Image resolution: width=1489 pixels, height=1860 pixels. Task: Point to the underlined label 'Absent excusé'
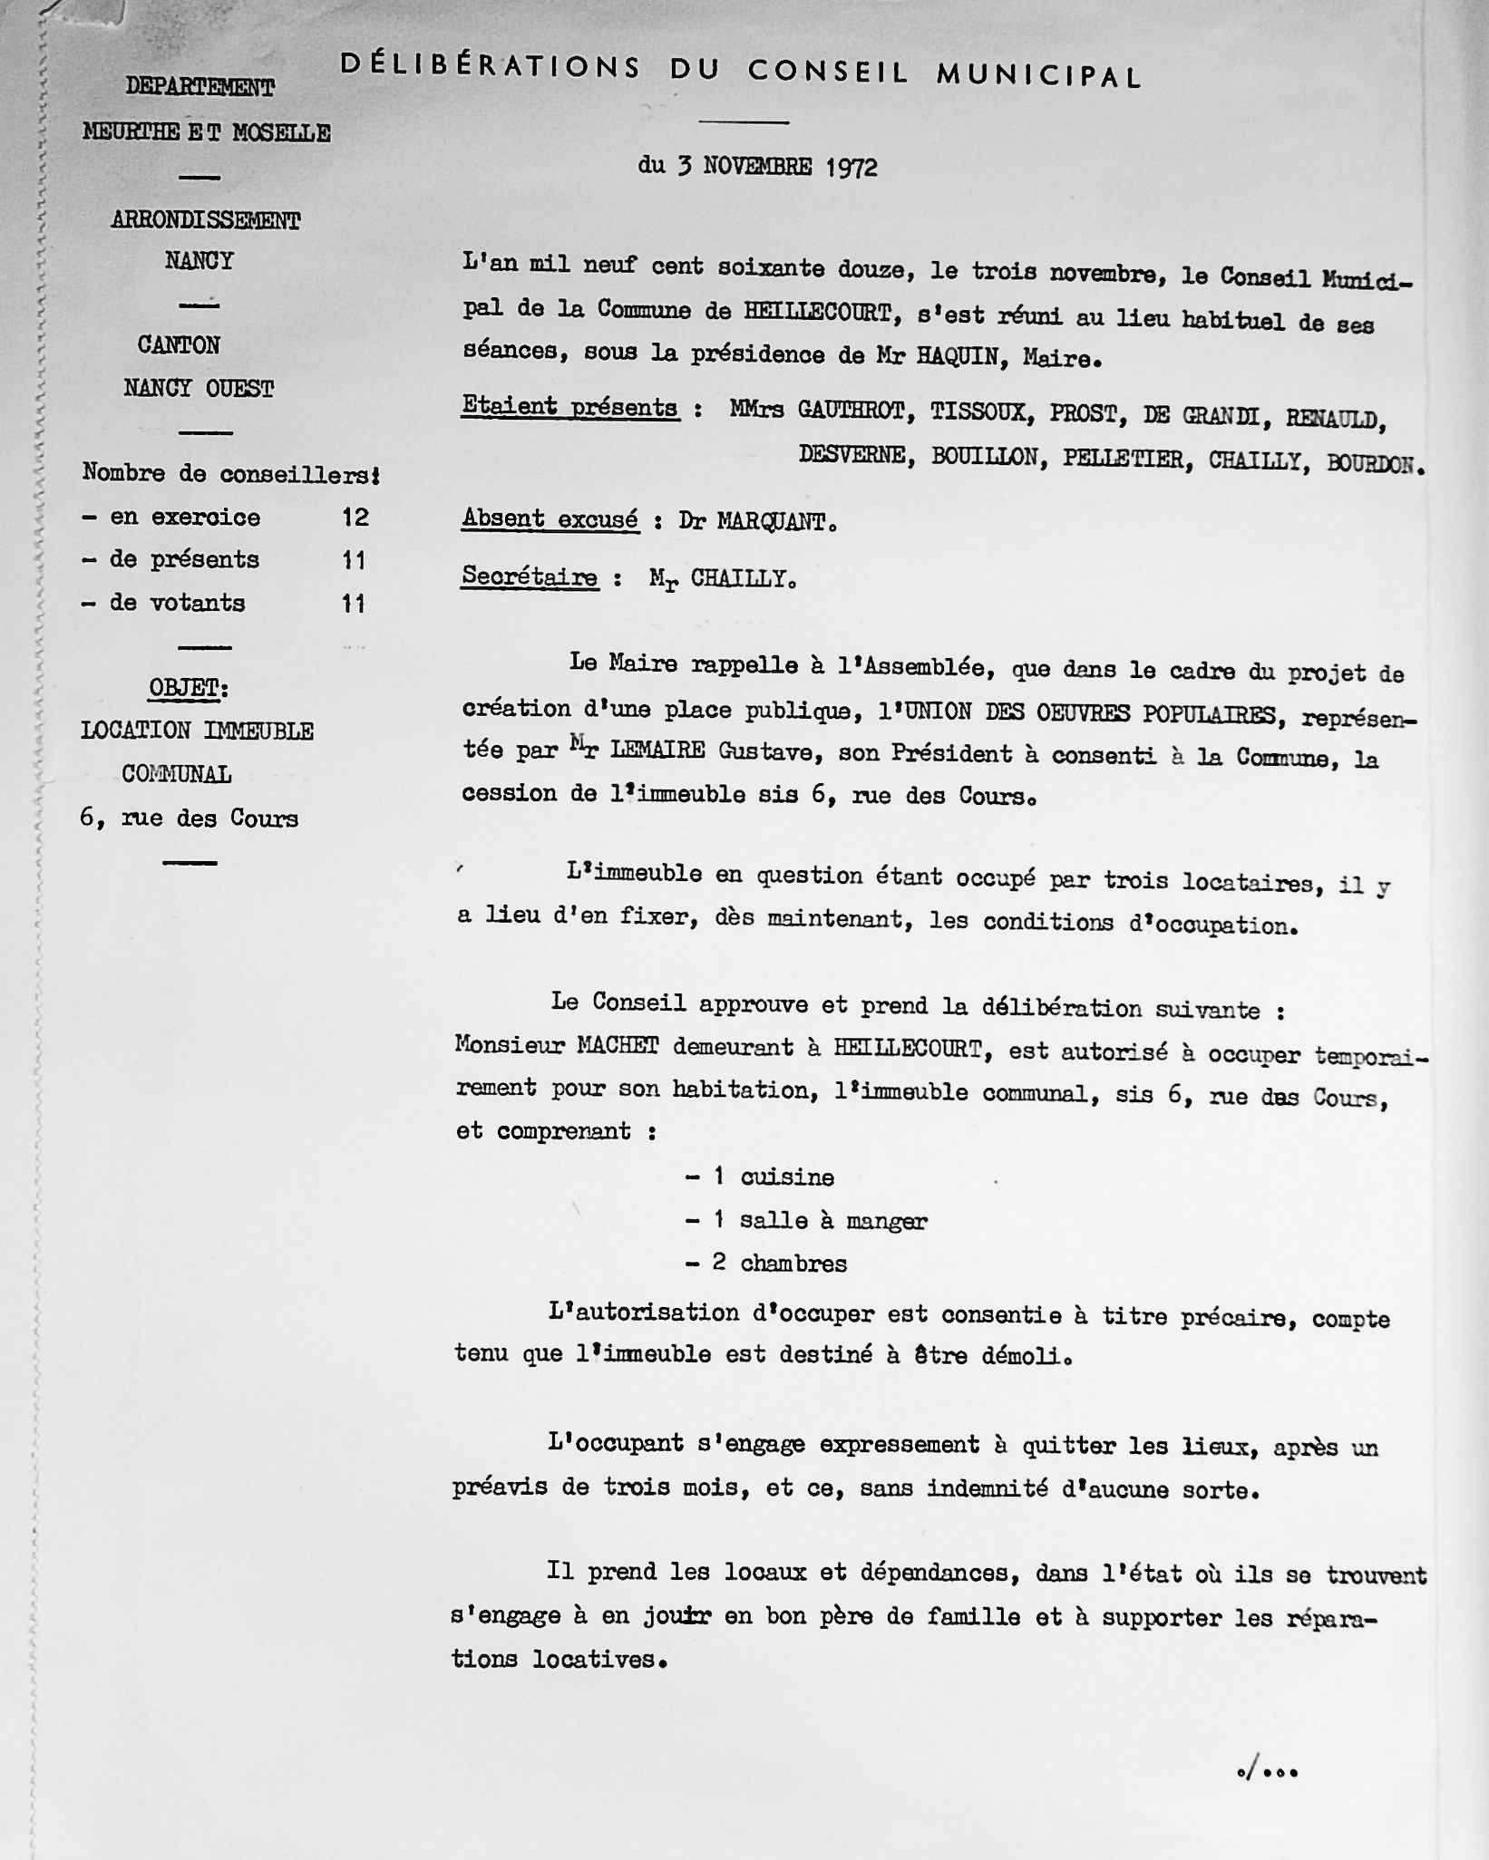pos(550,519)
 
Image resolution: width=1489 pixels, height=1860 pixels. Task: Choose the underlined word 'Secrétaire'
pos(530,577)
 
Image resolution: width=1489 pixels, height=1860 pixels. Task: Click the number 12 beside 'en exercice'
pos(355,518)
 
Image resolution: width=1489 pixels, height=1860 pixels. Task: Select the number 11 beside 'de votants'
pos(354,604)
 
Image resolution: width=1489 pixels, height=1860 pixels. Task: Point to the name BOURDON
pos(1373,464)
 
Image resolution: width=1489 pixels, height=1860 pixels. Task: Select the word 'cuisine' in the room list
pos(787,1177)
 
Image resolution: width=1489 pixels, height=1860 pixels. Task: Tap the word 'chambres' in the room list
pos(793,1264)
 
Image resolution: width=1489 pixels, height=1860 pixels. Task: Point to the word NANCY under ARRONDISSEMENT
pos(200,261)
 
